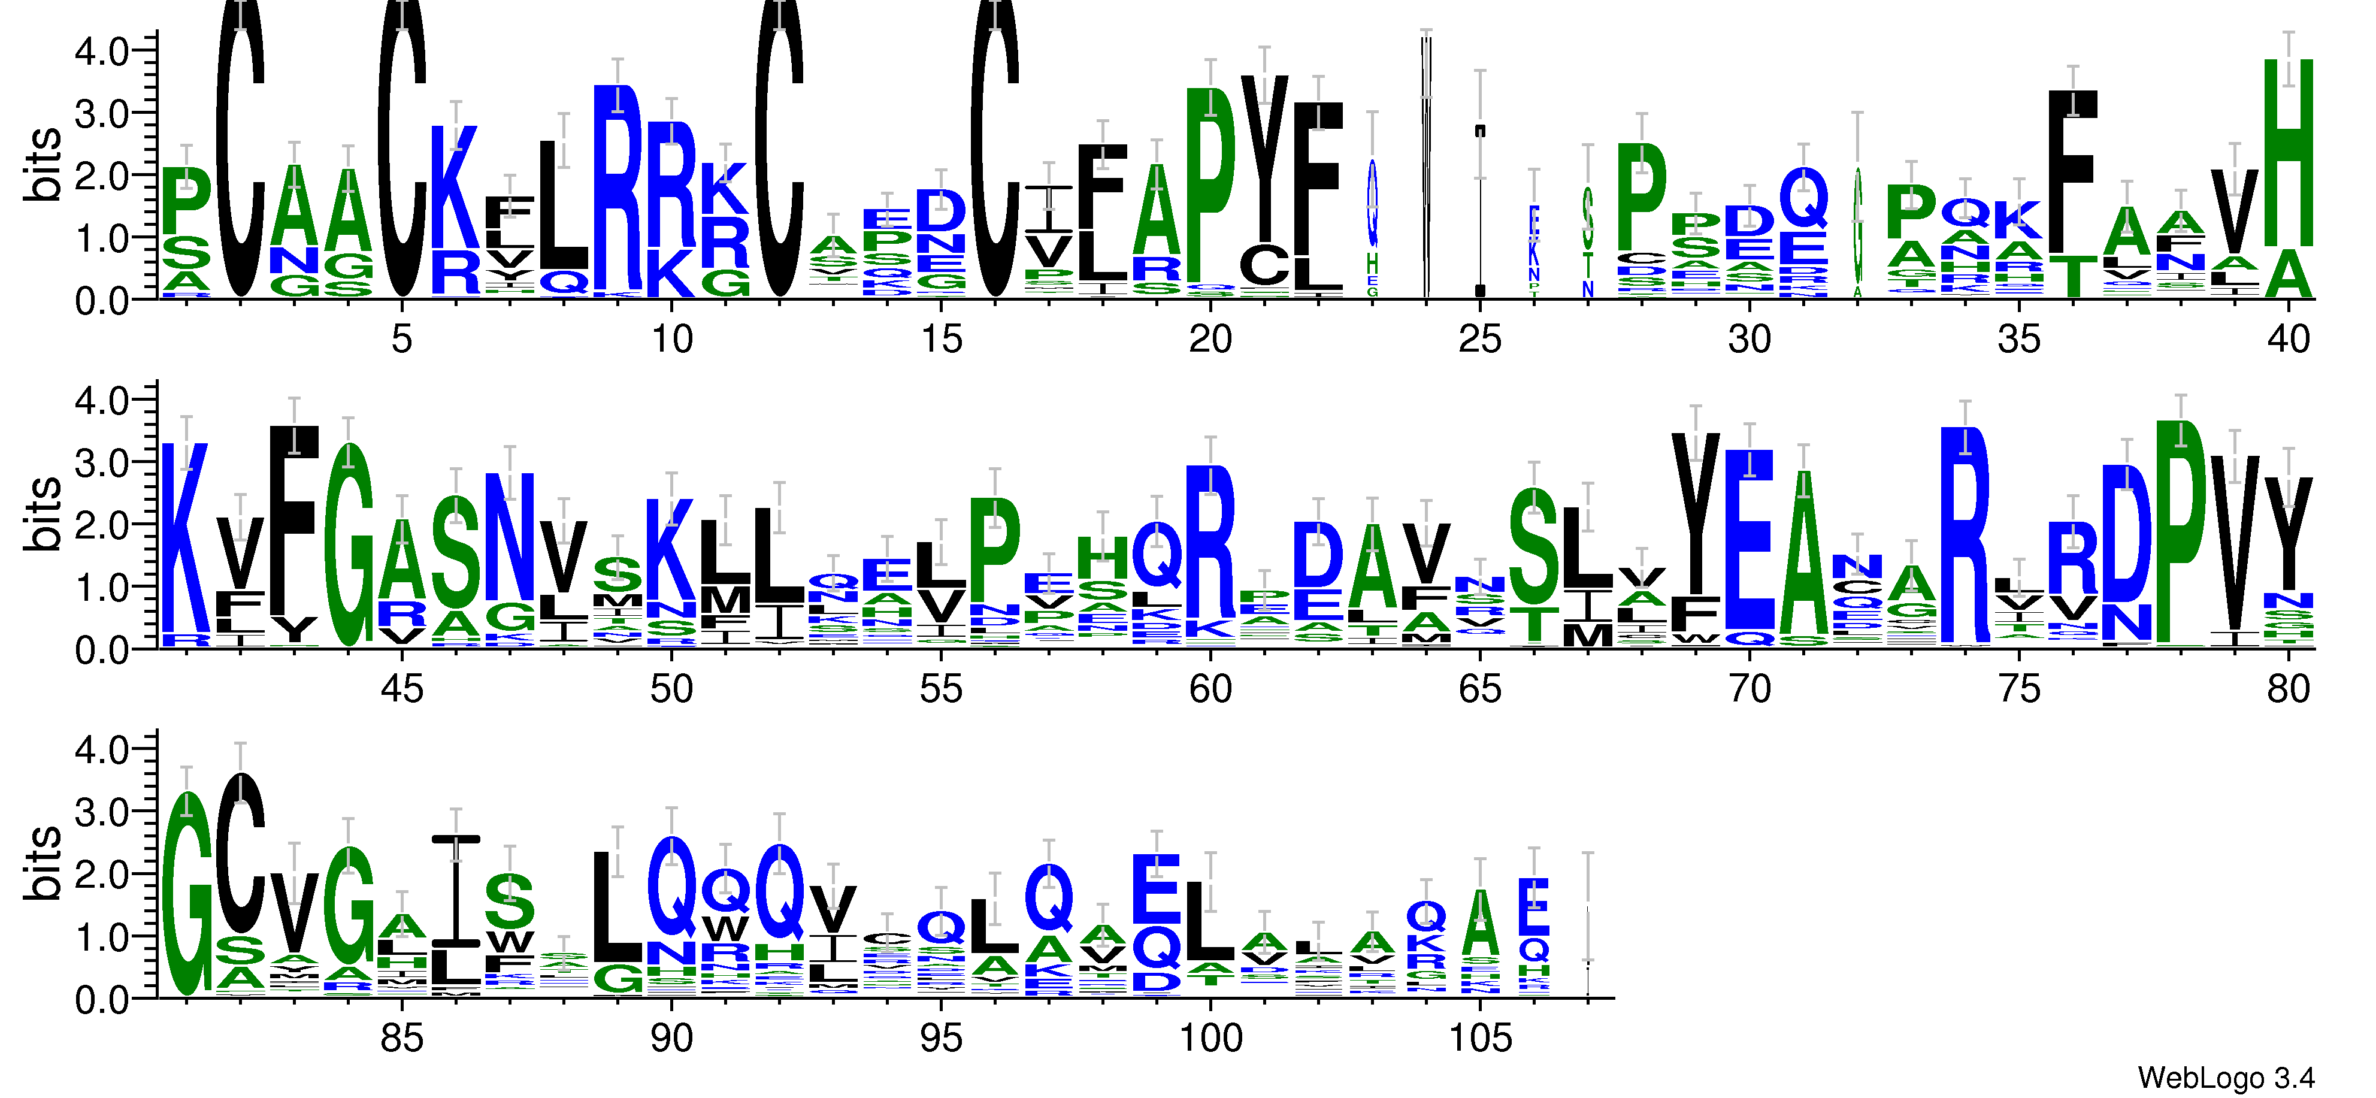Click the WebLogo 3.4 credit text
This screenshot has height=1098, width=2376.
[2224, 1077]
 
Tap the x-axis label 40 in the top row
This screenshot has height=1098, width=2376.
[2287, 340]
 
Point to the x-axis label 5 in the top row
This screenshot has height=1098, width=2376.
[401, 340]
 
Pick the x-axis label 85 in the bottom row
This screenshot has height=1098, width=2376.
[401, 1039]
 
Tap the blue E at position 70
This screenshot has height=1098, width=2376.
[1749, 540]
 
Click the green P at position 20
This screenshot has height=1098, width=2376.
[1210, 184]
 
